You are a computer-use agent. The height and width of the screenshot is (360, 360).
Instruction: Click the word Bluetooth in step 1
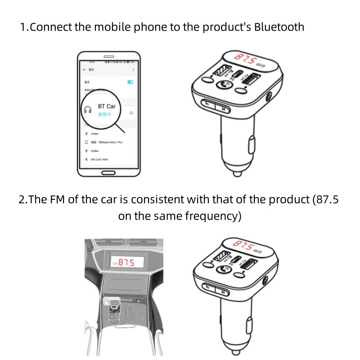[279, 27]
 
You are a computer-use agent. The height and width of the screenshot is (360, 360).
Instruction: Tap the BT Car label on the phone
[107, 106]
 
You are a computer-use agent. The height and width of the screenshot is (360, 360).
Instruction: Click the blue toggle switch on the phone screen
[130, 82]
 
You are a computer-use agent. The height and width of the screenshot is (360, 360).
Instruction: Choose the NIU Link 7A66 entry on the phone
[101, 159]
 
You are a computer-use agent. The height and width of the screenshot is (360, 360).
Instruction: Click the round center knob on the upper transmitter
[222, 85]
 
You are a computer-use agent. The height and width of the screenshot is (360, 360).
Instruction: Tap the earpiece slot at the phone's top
[108, 57]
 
